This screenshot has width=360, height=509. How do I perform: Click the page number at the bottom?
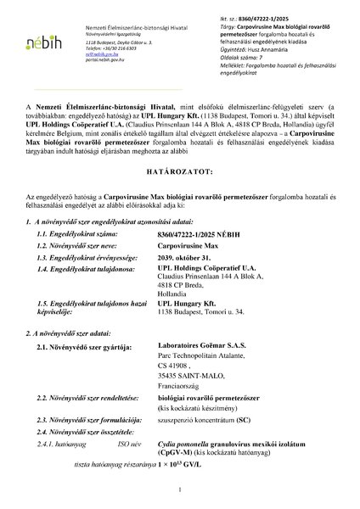pos(180,490)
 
